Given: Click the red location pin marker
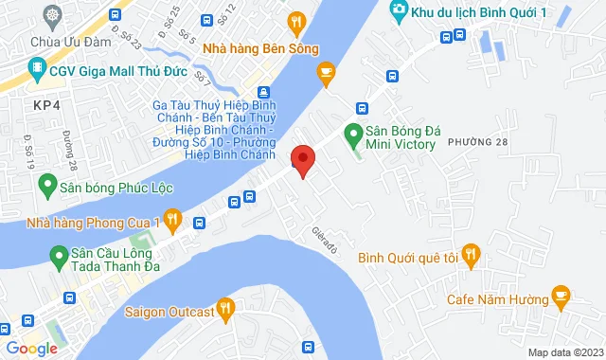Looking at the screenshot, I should tap(302, 161).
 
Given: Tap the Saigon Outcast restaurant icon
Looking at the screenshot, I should tap(224, 308).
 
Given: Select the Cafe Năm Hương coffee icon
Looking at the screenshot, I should tap(560, 297).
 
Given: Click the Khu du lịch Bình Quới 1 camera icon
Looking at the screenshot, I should tap(399, 10).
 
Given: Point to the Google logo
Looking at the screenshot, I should tap(32, 348).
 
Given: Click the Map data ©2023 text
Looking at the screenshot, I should tap(564, 352).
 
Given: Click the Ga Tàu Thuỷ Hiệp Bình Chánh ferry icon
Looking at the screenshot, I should tap(264, 93).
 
